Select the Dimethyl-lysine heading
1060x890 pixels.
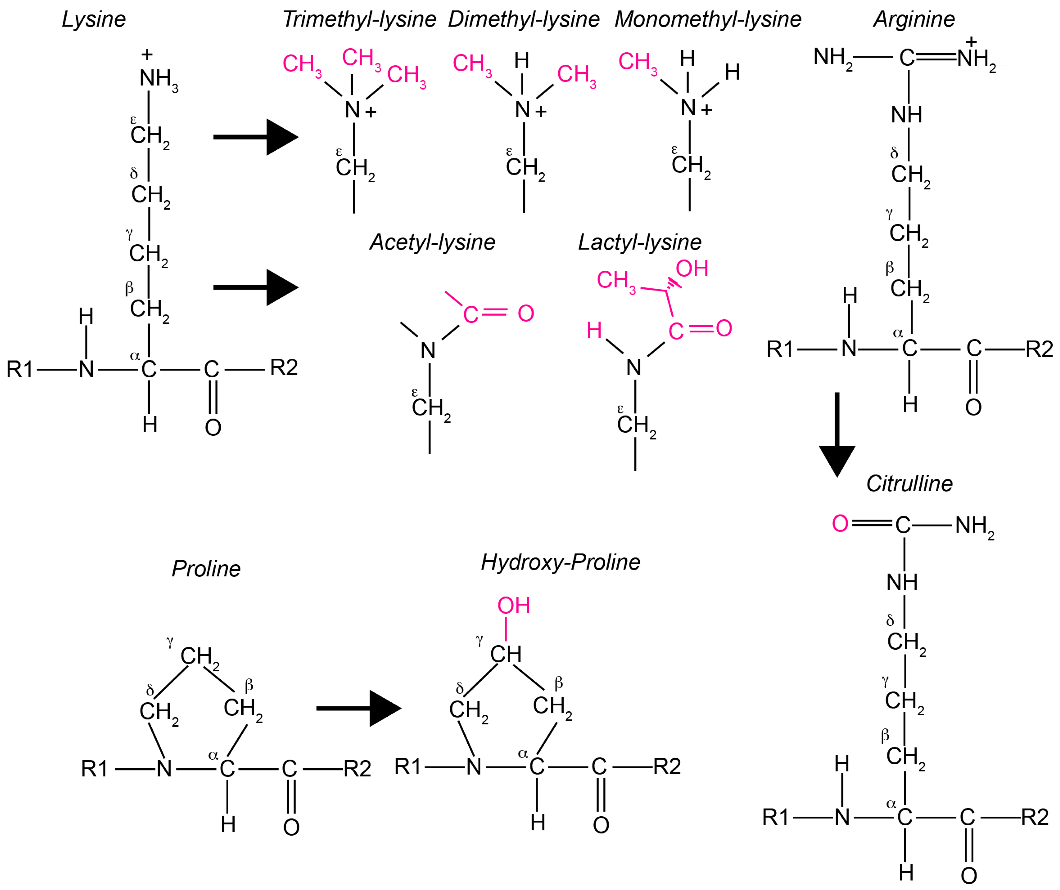523,19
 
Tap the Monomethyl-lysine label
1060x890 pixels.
708,19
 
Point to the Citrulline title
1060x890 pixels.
909,484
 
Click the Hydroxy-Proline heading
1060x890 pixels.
560,562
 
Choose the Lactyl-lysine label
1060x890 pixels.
639,242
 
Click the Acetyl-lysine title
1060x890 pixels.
432,242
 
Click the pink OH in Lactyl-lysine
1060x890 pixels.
692,268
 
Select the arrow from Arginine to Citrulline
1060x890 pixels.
837,434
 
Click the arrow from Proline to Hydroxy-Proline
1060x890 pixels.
358,708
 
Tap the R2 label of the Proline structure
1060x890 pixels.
357,769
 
